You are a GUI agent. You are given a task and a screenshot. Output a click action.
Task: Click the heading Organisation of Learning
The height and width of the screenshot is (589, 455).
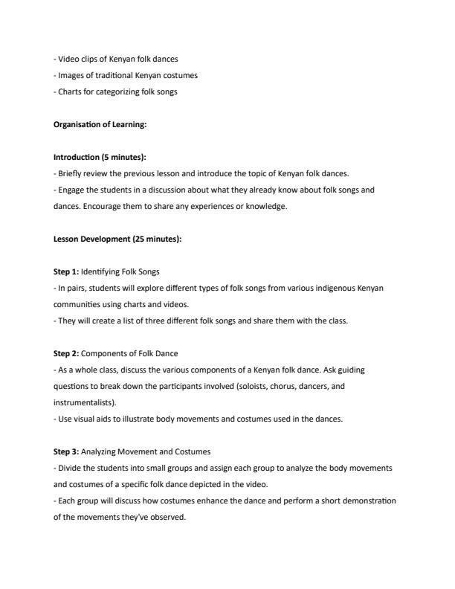100,124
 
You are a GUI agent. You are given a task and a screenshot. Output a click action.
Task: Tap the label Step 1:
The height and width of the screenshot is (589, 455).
65,271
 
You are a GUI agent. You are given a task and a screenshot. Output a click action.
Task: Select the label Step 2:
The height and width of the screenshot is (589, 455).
65,353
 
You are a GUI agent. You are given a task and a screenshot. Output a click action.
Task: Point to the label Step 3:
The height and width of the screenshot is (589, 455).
65,451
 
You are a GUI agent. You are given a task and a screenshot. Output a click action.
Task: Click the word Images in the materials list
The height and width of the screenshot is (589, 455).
69,75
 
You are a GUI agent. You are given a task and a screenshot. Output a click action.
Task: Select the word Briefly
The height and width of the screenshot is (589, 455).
69,173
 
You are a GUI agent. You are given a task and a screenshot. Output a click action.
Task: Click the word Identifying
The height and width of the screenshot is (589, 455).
101,271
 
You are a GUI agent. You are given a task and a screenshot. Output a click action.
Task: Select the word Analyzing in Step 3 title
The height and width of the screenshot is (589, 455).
100,451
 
